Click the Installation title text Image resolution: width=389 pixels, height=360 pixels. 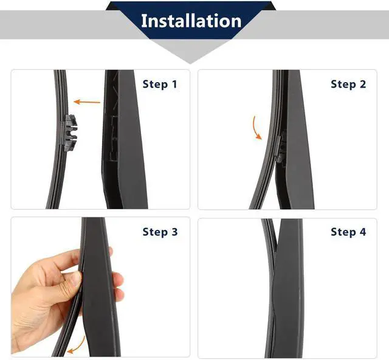(x=191, y=21)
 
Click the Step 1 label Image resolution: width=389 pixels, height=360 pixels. (x=160, y=84)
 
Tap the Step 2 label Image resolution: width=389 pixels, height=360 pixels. (x=348, y=84)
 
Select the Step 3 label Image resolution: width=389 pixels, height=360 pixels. (x=160, y=232)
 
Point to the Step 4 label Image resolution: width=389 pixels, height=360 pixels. (x=348, y=232)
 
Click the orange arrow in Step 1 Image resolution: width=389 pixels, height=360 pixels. (x=87, y=102)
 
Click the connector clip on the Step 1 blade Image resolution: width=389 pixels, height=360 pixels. (x=69, y=133)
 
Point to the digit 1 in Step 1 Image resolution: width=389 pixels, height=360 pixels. (x=174, y=85)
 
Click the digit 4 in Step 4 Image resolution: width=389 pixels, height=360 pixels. (x=363, y=232)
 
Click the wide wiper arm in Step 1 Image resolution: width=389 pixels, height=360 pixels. (x=123, y=139)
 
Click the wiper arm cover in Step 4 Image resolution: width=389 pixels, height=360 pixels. (x=287, y=288)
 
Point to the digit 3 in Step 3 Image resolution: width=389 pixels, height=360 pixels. (x=174, y=232)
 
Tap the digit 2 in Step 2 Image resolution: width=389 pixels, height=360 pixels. (x=363, y=85)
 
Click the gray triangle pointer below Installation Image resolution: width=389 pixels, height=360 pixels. (x=190, y=52)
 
